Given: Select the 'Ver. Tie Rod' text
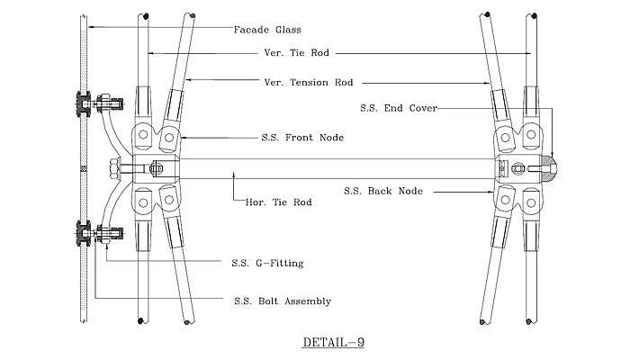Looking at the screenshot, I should (x=291, y=53).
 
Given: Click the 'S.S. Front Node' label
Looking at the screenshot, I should (x=291, y=137).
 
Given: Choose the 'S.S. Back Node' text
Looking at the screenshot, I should (x=384, y=191).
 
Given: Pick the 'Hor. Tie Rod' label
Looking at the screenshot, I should (x=278, y=202).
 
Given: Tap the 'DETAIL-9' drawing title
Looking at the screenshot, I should (x=332, y=343).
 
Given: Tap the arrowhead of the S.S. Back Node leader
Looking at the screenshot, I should (x=493, y=191).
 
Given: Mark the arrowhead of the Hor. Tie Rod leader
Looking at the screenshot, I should (x=234, y=171).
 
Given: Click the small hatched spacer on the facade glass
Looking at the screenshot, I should (x=84, y=168).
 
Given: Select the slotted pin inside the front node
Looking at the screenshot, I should (x=155, y=168).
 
